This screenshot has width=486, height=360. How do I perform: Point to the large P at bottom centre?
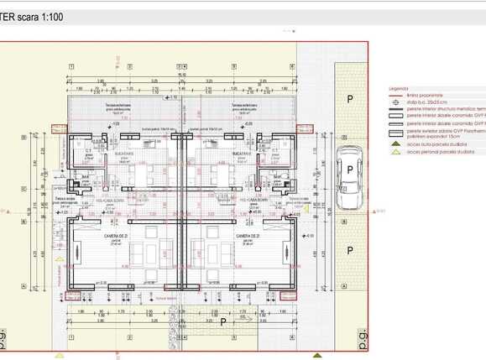(222, 322)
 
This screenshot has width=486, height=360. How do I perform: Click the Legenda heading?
(398, 88)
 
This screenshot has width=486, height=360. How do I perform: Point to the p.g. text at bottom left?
(4, 339)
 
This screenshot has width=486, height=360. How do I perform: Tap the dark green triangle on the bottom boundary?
(316, 355)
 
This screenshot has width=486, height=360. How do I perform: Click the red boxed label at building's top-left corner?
(58, 128)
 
